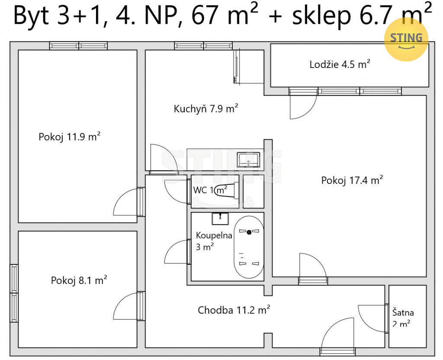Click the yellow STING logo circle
click(406, 39)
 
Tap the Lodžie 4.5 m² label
click(340, 64)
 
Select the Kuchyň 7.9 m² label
click(205, 109)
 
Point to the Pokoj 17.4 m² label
click(352, 180)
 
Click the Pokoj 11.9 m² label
click(70, 136)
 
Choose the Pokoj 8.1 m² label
click(79, 280)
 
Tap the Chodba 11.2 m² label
click(234, 310)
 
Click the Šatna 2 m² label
click(403, 318)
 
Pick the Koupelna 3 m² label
click(214, 241)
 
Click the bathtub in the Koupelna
click(249, 247)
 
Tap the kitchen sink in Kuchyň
click(248, 160)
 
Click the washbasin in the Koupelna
click(220, 219)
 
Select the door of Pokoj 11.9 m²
click(128, 202)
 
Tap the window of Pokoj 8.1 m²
click(14, 293)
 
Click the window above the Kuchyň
click(203, 46)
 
